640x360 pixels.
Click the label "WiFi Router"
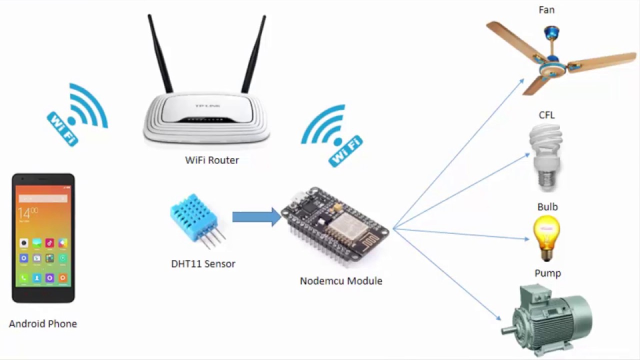[212, 160]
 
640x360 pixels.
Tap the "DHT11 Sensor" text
[203, 264]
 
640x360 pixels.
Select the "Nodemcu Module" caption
[341, 281]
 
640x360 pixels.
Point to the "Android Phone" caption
[43, 324]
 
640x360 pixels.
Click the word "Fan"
[546, 10]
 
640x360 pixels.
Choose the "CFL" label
[546, 115]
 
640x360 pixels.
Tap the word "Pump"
[547, 273]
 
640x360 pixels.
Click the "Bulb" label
[547, 207]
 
